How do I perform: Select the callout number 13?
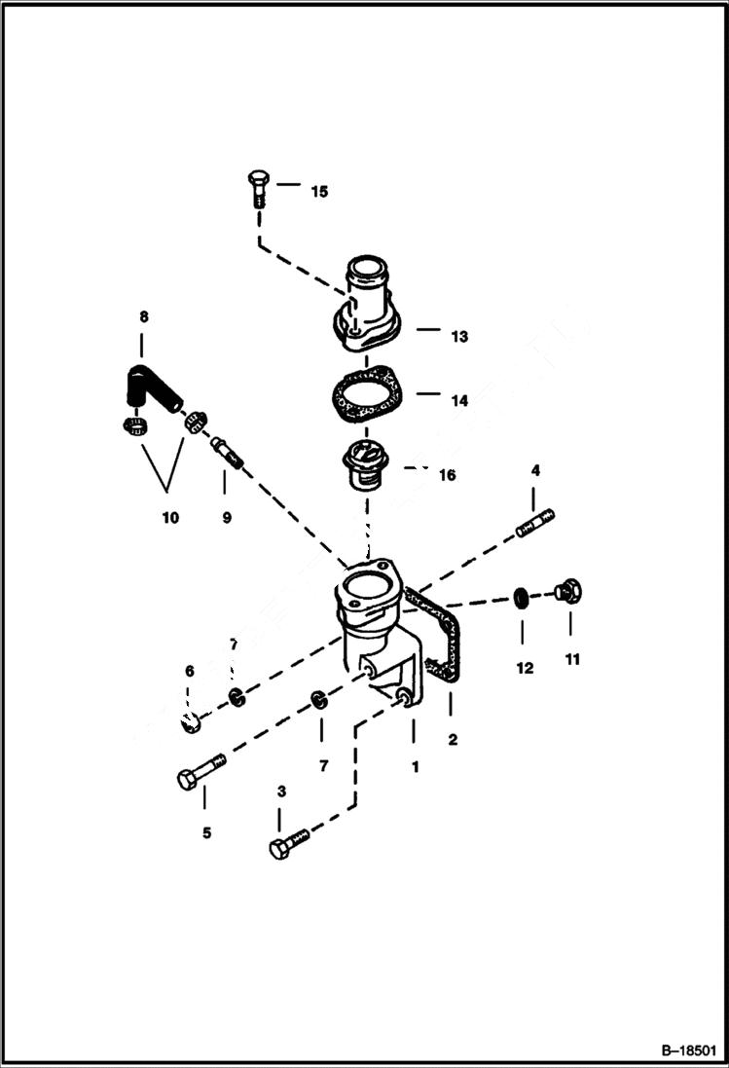coord(458,337)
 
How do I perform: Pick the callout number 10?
coord(170,518)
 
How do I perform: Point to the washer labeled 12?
coord(523,595)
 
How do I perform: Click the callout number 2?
coord(452,740)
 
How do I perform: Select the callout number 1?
coord(415,766)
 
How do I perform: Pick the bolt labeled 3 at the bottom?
coord(289,844)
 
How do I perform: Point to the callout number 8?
coord(144,316)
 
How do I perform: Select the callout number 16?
coord(447,476)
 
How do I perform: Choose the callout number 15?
coord(319,192)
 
